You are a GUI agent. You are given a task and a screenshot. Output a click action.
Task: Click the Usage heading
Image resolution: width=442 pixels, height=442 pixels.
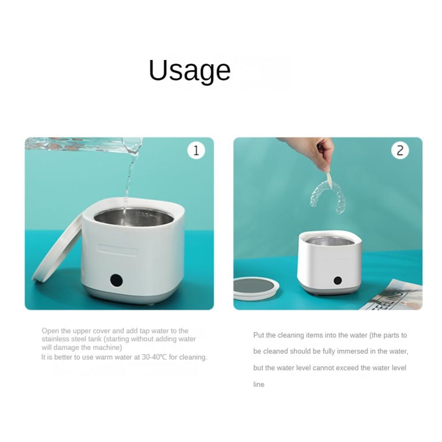tap(189, 71)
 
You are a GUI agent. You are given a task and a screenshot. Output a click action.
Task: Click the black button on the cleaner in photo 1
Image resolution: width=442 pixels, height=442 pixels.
tap(117, 280)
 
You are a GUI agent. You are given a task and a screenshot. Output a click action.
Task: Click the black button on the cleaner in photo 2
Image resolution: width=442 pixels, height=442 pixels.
tap(337, 280)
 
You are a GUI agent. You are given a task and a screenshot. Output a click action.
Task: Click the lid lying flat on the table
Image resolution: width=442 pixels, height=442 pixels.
tap(256, 288)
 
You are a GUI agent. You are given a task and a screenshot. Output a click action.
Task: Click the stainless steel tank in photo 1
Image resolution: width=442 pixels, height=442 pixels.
tap(133, 218)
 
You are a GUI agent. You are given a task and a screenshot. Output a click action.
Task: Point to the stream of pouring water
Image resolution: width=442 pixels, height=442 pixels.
tap(130, 175)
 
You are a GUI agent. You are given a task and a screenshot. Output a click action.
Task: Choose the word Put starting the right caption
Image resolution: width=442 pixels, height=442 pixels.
tap(258, 335)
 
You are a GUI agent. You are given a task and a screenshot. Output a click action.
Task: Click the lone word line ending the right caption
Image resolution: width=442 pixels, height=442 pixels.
tap(258, 384)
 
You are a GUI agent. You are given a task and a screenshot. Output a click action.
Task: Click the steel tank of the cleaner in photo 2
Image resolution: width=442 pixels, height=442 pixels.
tap(330, 242)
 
